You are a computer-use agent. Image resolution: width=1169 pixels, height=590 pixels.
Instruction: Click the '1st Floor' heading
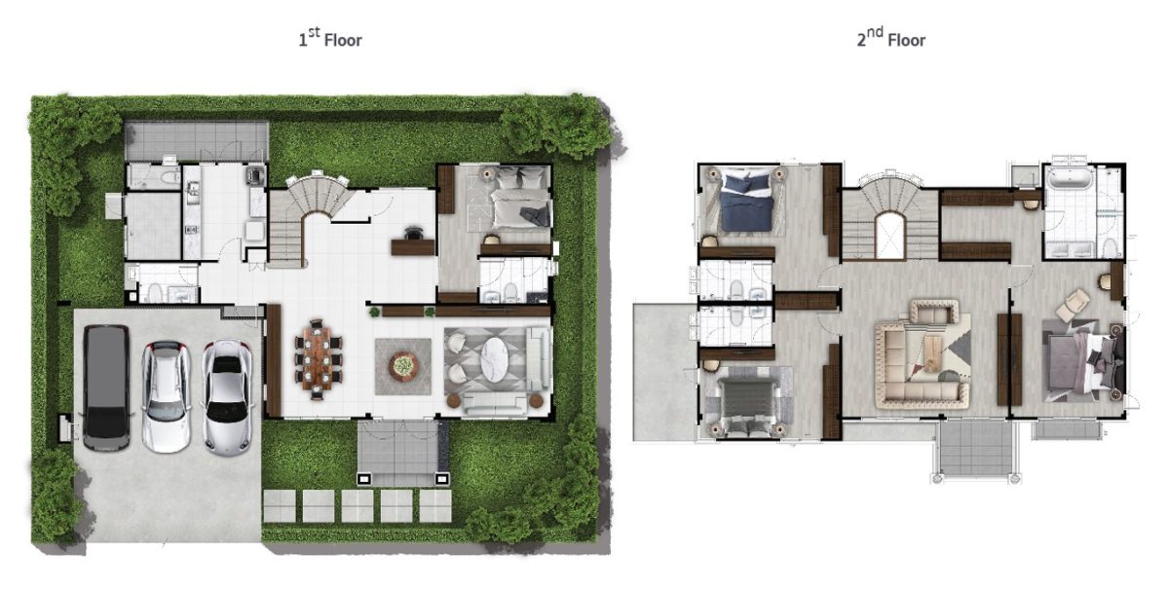(330, 38)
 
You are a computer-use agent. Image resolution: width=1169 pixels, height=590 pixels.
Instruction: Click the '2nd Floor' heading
(890, 38)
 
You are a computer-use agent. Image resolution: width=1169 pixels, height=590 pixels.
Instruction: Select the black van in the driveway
(106, 387)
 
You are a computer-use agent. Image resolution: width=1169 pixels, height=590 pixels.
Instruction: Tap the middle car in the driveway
(167, 396)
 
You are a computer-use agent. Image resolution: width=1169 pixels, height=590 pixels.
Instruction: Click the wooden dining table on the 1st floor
(317, 359)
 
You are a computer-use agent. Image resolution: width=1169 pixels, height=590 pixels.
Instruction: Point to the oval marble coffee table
(493, 359)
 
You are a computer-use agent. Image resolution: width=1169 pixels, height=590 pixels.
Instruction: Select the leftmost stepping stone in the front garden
(280, 505)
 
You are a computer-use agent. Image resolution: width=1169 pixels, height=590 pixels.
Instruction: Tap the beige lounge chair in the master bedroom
(1073, 304)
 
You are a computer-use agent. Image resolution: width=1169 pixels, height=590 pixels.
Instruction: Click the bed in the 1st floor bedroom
(521, 201)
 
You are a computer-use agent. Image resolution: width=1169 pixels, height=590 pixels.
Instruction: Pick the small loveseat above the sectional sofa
(934, 312)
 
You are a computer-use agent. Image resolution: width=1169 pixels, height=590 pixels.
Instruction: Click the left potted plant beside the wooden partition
(374, 312)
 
